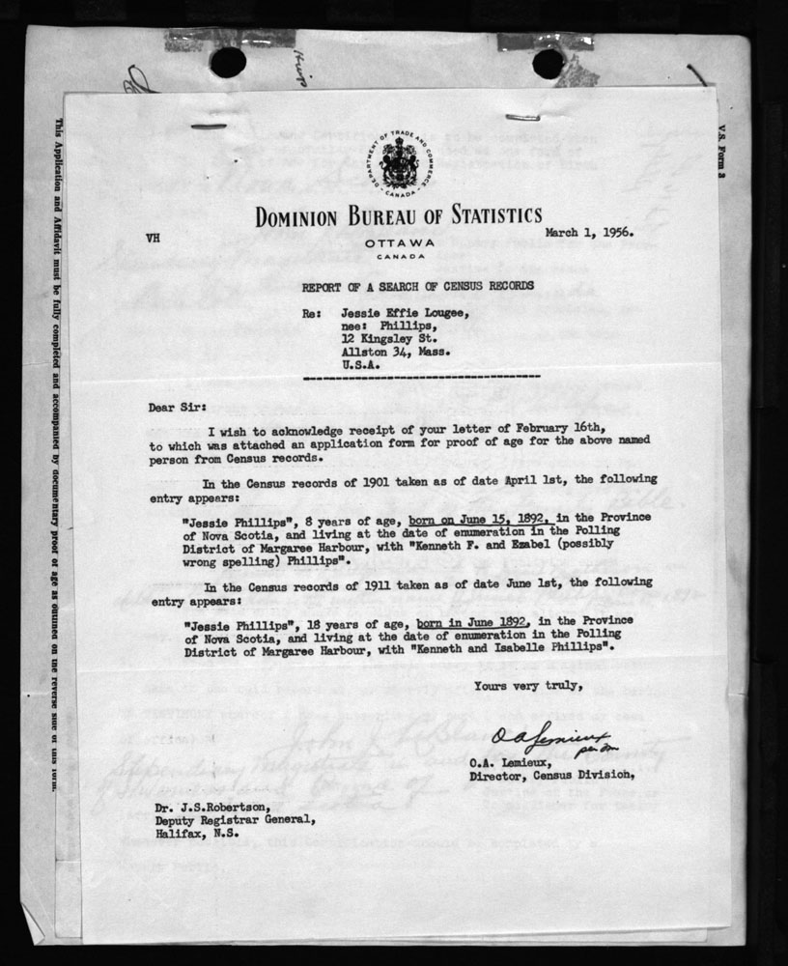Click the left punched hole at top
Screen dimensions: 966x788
228,63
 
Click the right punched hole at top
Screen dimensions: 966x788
548,63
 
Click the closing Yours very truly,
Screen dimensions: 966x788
527,687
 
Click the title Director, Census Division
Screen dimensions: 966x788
550,773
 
